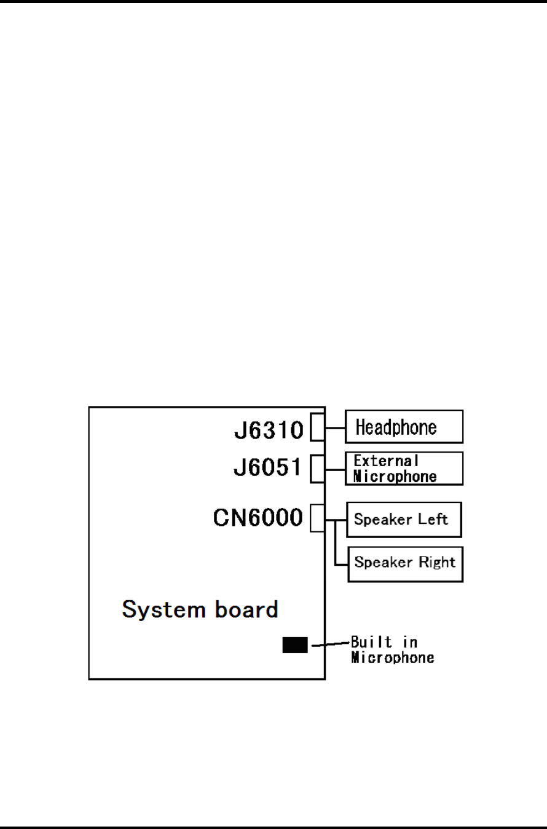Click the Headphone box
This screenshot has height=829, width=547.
[404, 427]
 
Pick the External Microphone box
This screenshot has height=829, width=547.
[404, 469]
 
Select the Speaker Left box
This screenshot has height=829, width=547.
[404, 520]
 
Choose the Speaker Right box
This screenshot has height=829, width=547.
[405, 563]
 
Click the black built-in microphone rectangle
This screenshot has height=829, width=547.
[294, 645]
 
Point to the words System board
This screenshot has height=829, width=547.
[200, 610]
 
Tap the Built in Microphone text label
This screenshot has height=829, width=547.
[392, 650]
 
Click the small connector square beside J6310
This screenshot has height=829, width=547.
[317, 427]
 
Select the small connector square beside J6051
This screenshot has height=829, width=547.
[317, 469]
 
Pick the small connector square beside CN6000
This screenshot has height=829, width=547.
[317, 518]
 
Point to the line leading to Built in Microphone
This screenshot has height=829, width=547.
[331, 645]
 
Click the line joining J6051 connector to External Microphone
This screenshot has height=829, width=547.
[334, 469]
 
